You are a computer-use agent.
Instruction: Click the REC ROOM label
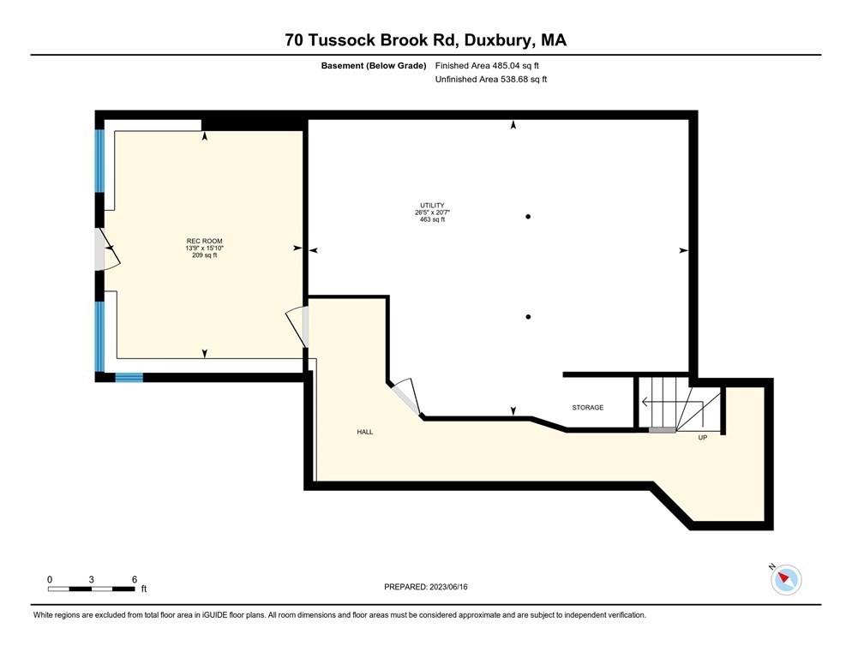204,241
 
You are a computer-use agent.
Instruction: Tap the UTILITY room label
432,206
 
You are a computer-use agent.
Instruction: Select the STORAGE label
588,408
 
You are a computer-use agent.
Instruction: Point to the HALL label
365,432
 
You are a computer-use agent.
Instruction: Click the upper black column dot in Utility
529,217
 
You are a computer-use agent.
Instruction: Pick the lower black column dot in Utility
529,317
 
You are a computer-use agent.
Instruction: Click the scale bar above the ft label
92,589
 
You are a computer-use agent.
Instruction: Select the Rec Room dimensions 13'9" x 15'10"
204,248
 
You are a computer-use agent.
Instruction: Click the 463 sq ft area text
432,220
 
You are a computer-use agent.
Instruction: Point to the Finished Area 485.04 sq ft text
487,65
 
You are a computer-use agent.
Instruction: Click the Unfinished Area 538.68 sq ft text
490,80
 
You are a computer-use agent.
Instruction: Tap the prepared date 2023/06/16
426,587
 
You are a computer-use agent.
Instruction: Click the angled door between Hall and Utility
405,398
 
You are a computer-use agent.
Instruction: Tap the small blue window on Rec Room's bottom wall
129,377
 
